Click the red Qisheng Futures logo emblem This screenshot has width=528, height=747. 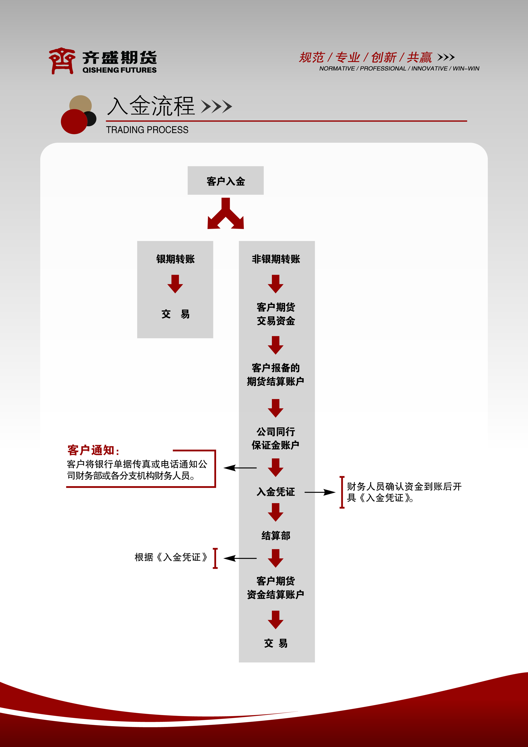point(62,61)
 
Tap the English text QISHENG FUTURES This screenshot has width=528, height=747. point(119,70)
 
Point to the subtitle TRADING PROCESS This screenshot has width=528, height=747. point(147,130)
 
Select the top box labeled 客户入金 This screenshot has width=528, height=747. point(225,181)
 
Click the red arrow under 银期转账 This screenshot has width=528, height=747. point(175,284)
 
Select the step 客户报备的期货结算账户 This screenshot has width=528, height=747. point(275,375)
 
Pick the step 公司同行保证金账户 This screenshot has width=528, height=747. point(275,438)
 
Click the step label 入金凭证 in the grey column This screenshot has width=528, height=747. point(275,492)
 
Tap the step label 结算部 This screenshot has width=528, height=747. point(275,536)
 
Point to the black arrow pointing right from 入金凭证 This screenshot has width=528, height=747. point(320,492)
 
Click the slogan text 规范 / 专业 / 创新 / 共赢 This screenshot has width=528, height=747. point(365,57)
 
